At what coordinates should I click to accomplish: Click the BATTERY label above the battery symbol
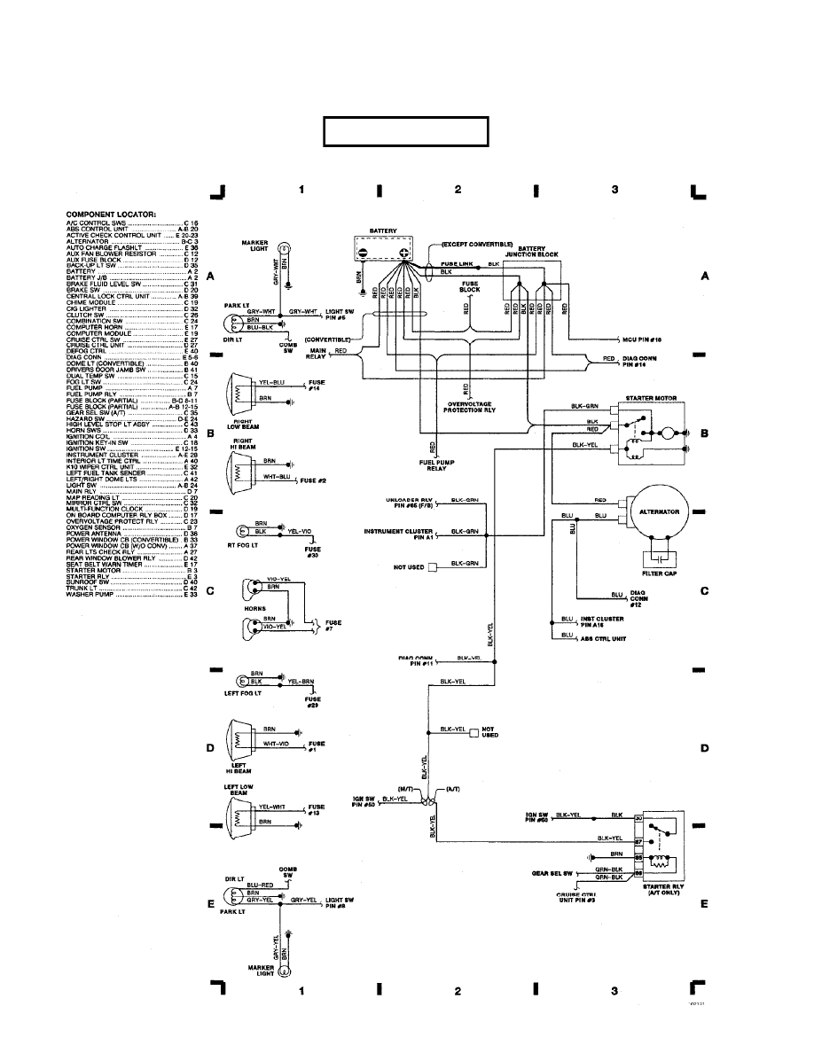tap(383, 230)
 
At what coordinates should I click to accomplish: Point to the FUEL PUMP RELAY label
tap(432, 465)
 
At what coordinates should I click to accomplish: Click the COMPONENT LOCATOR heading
tap(111, 214)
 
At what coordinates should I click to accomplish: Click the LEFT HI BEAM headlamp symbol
tap(239, 738)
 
